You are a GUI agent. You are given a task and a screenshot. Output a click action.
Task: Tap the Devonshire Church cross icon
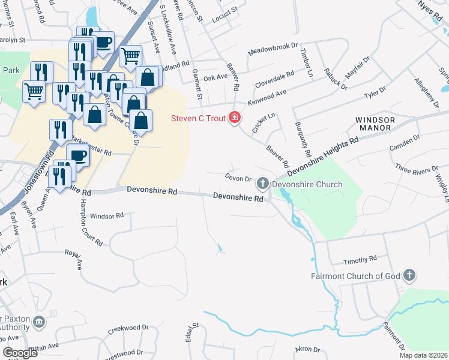pyautogui.click(x=262, y=183)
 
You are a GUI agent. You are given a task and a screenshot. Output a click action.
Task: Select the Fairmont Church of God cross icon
pyautogui.click(x=409, y=275)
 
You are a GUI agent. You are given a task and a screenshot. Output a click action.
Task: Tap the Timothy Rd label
pyautogui.click(x=360, y=261)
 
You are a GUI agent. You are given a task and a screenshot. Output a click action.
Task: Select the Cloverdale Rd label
pyautogui.click(x=274, y=78)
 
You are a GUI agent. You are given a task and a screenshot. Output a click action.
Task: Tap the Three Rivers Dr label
pyautogui.click(x=417, y=169)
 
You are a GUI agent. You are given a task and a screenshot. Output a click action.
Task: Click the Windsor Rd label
pyautogui.click(x=106, y=215)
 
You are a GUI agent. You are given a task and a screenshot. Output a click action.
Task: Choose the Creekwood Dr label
pyautogui.click(x=128, y=329)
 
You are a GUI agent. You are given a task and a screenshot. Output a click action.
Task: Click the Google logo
pyautogui.click(x=20, y=353)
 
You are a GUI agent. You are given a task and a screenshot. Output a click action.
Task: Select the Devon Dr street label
pyautogui.click(x=238, y=178)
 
